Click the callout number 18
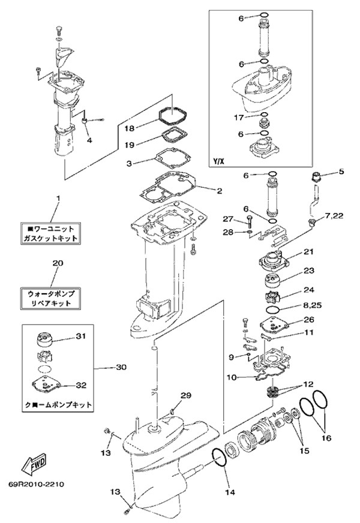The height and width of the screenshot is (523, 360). coord(130,127)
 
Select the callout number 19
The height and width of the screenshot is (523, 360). coord(130,144)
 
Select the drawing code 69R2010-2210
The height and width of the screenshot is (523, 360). coord(37,483)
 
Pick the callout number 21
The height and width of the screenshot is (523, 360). coord(309,251)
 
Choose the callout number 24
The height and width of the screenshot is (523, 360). coord(309,290)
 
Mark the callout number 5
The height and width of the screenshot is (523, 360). coord(341,172)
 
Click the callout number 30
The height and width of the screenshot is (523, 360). coord(122,366)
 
